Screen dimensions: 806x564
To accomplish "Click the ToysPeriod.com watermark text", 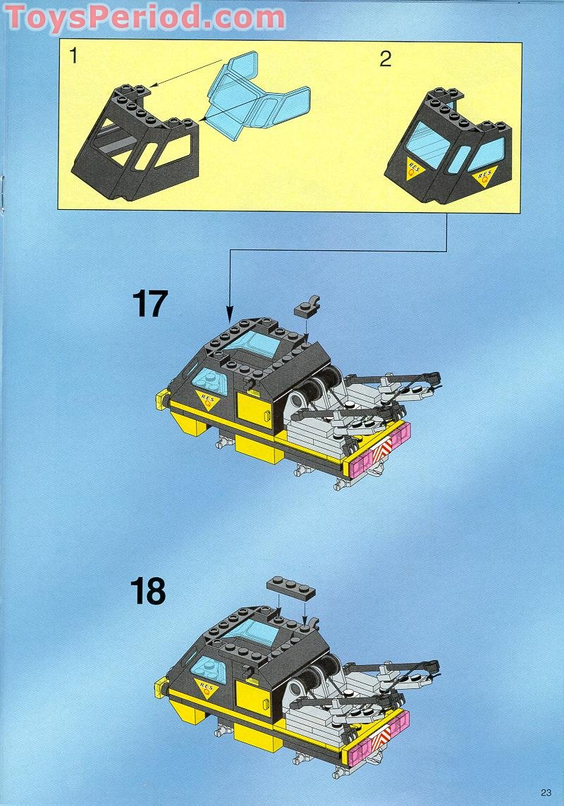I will (x=145, y=17).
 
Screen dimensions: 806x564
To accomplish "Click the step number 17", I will (x=149, y=304).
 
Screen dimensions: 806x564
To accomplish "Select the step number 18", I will (x=149, y=592).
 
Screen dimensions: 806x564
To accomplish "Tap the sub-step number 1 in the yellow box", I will (x=73, y=57).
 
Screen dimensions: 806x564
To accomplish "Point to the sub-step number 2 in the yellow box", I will (x=385, y=58).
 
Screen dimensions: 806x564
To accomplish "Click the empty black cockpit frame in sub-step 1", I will (x=134, y=137).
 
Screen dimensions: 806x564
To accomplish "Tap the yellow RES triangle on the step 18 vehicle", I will (x=207, y=688).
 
